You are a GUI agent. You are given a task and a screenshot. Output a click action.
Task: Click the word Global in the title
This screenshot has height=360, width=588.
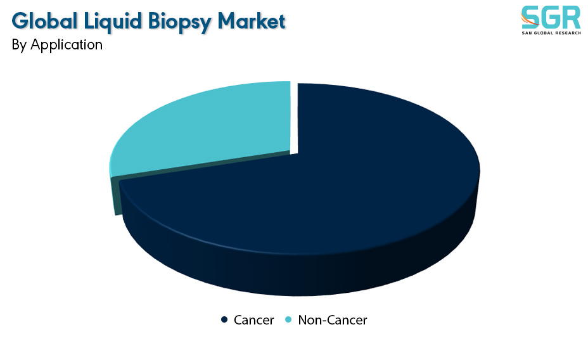tap(44, 21)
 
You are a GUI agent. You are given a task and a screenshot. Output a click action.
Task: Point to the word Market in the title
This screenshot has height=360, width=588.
tap(252, 21)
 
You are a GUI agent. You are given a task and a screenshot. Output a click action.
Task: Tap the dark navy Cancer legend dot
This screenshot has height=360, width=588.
tap(224, 319)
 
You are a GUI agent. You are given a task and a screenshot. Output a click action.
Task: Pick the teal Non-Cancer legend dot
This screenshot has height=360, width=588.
tap(288, 319)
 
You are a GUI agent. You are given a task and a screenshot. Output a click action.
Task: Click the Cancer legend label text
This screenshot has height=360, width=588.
tap(253, 320)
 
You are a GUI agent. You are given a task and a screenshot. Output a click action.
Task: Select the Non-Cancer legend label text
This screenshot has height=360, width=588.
tap(332, 320)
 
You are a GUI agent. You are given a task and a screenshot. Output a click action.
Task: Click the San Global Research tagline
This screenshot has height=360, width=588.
tap(551, 33)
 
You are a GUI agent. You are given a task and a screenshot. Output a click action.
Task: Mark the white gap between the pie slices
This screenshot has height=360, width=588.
tap(294, 118)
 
